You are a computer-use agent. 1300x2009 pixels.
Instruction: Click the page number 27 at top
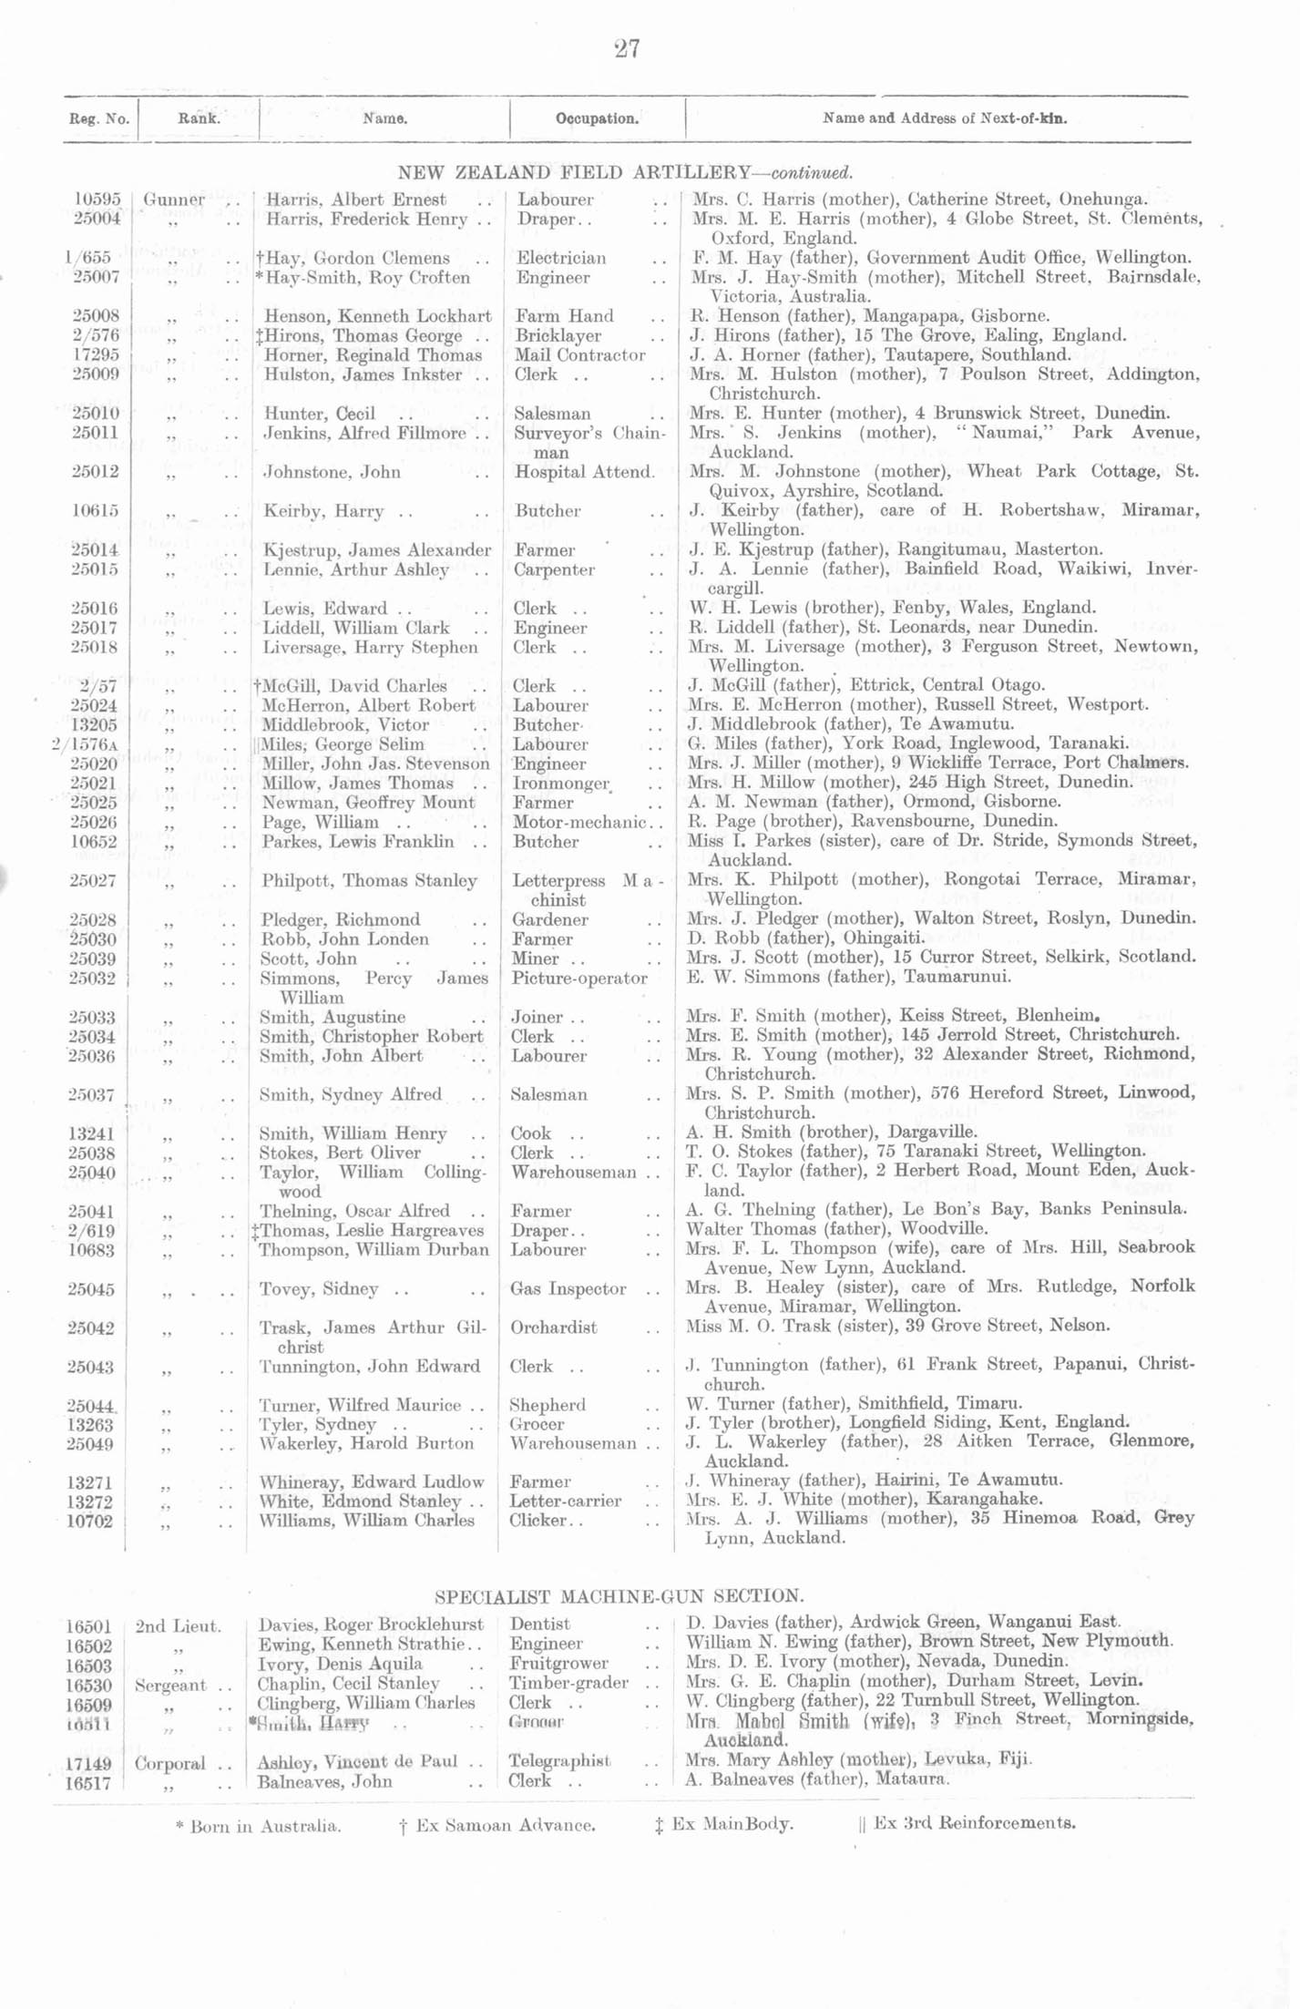coord(627,48)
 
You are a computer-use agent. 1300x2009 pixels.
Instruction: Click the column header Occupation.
coord(597,118)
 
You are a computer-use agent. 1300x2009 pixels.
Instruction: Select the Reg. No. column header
coord(99,118)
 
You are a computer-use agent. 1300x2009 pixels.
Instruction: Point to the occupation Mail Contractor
coord(579,355)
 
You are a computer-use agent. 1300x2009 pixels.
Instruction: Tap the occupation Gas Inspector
coord(568,1289)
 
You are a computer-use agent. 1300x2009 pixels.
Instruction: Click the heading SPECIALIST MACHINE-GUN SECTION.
coord(619,1596)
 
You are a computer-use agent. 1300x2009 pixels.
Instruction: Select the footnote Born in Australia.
coord(259,1826)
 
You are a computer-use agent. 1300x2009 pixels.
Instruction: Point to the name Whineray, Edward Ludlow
coord(372,1482)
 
